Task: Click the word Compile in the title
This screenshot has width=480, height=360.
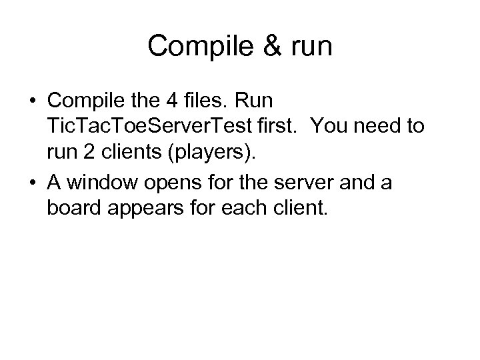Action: [197, 46]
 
